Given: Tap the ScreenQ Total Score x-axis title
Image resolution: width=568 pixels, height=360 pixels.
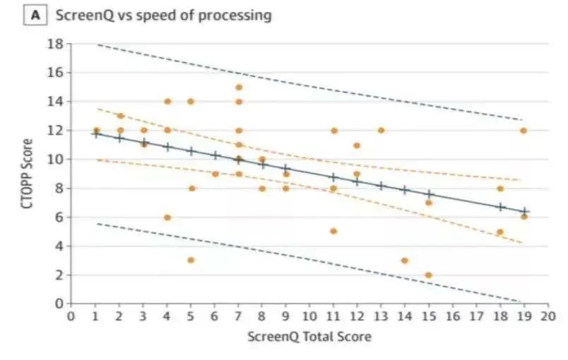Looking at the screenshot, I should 309,337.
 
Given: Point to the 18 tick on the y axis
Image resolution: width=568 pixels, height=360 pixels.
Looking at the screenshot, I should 56,44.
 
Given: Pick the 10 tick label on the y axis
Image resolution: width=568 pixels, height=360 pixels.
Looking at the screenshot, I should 56,160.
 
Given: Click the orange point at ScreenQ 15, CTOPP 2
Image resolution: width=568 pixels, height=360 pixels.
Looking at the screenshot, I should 429,275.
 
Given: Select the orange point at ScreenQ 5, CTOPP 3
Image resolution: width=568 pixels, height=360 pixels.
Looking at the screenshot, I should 191,260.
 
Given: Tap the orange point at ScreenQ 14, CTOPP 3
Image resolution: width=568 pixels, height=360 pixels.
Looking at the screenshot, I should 405,260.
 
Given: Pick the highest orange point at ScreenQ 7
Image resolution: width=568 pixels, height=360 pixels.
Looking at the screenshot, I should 239,88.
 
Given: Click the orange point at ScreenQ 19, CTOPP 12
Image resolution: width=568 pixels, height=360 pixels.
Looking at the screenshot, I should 523,131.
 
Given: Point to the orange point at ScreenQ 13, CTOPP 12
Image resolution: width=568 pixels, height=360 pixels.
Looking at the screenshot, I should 381,131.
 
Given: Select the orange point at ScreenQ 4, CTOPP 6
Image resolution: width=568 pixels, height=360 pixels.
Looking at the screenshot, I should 167,217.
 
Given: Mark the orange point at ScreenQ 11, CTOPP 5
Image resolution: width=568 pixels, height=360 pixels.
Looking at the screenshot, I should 333,232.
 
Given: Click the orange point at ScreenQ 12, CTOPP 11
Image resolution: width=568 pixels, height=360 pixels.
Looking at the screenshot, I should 357,145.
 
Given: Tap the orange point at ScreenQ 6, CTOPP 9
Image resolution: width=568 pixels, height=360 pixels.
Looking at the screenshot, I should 215,174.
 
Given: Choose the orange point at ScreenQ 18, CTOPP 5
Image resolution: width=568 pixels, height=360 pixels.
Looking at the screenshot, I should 500,232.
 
